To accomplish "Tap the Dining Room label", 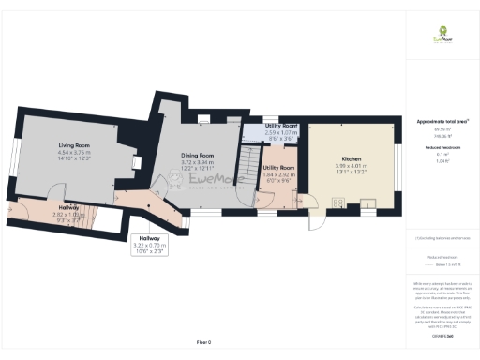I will point(197,155).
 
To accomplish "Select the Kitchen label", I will point(352,159).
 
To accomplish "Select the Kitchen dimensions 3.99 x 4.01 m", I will point(352,169).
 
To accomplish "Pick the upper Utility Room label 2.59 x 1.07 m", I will point(280,130).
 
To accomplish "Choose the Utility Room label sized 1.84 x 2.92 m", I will point(278,171).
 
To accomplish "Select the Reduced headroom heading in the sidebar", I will point(442,147).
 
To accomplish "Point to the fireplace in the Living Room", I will point(137,162).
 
